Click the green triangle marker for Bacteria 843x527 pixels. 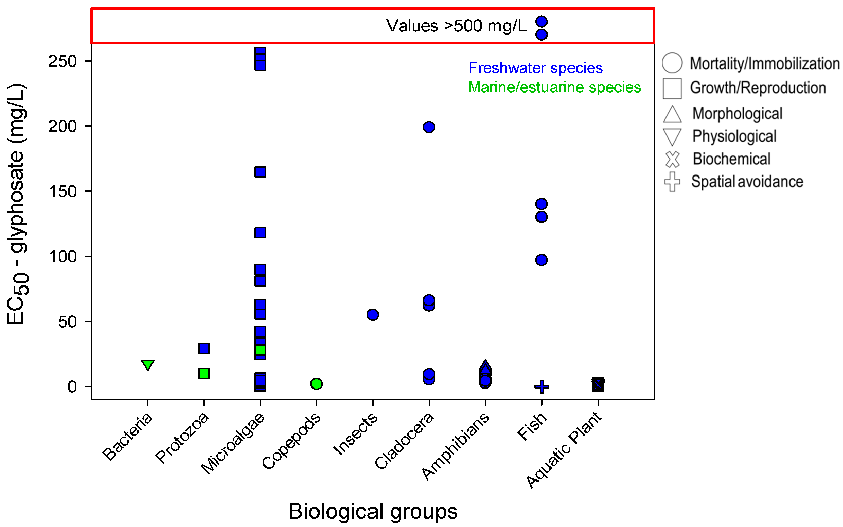point(148,365)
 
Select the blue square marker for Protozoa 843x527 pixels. point(204,348)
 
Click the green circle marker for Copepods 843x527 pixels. point(316,384)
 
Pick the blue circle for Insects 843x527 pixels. point(373,315)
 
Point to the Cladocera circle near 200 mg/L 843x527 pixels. point(429,127)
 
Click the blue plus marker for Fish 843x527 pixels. point(542,386)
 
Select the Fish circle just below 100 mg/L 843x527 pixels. point(542,260)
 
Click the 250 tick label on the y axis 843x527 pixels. point(63,61)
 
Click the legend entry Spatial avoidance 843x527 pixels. point(747,182)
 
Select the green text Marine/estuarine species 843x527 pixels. point(554,87)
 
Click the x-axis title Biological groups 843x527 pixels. point(373,511)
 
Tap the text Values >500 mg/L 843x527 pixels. point(456,26)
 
